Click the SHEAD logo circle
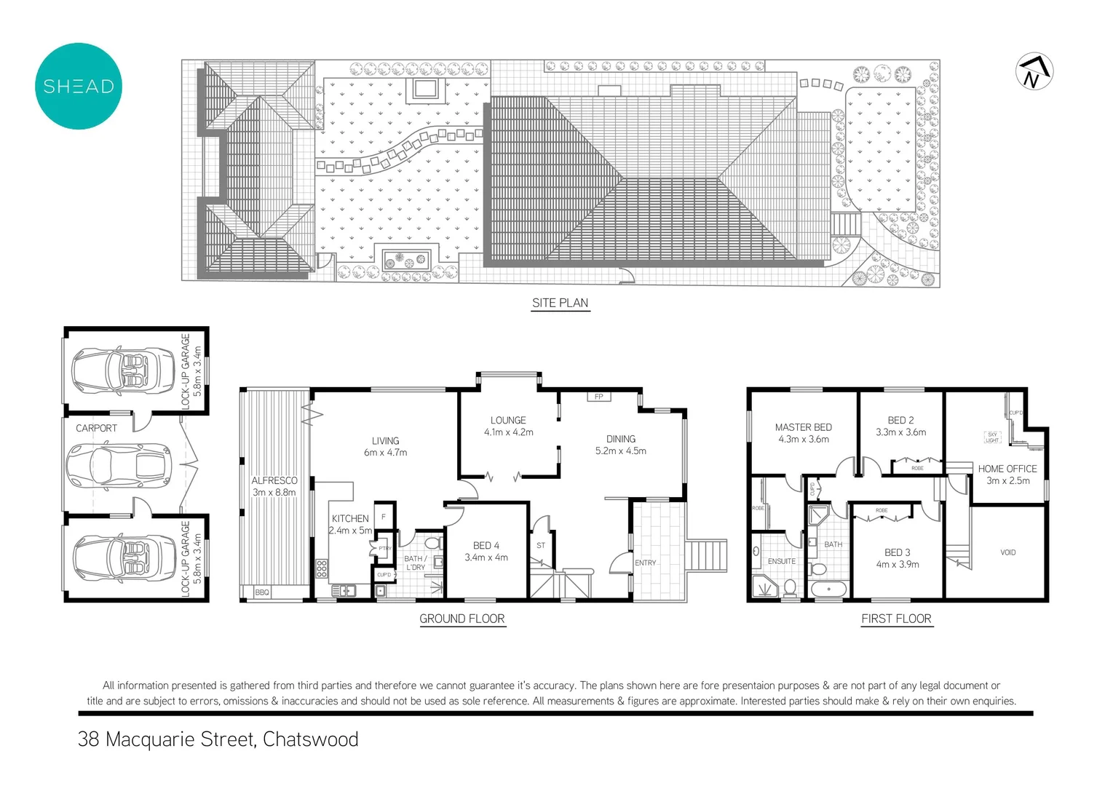tap(78, 86)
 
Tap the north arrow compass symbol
tap(1034, 71)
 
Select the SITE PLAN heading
tap(560, 303)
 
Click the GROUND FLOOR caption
tap(462, 619)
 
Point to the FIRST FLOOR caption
tap(896, 619)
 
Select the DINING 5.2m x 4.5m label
tap(620, 445)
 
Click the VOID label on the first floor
tap(1007, 552)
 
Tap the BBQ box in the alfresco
tap(262, 592)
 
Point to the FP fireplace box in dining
tap(599, 397)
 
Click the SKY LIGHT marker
tap(992, 437)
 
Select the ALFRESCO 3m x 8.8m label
tap(274, 486)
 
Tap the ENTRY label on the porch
tap(645, 563)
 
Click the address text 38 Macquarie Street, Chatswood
tap(218, 739)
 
